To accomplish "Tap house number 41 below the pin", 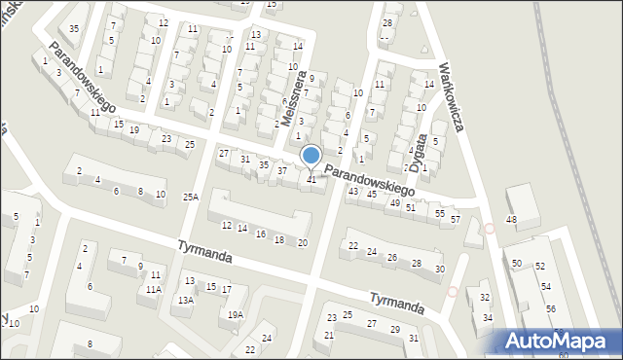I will tap(311, 179).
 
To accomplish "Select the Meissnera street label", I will tap(290, 97).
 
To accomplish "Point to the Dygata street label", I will tap(420, 153).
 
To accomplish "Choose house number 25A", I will tap(190, 197).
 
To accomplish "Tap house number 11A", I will tap(153, 290).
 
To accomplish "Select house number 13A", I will tap(185, 301).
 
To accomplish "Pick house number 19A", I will tap(236, 314).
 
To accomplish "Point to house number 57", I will tap(456, 219).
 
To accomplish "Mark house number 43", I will tap(353, 191).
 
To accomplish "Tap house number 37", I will tap(282, 171).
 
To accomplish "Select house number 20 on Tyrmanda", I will tap(303, 242).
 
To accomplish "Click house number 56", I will tap(551, 308).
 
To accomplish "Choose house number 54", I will tap(546, 286).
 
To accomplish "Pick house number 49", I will tap(394, 202).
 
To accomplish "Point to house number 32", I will tap(485, 297).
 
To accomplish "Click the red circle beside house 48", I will tap(490, 229).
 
